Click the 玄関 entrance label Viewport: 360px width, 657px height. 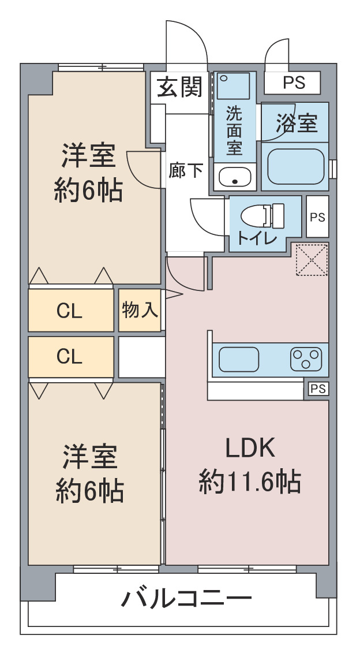(179, 87)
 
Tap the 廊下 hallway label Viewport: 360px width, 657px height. (186, 170)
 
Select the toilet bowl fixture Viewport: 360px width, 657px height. (262, 216)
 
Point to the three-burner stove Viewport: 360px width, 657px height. (306, 359)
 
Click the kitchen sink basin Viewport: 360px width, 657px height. (239, 359)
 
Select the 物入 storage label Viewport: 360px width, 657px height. (140, 310)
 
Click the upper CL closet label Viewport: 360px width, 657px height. (69, 311)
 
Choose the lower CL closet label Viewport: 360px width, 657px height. (69, 357)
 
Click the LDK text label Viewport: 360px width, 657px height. (250, 448)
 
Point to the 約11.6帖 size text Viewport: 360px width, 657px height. (250, 481)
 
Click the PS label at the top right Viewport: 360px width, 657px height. (294, 83)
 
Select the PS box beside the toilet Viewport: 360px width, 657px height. (317, 217)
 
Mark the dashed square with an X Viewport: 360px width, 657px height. (312, 260)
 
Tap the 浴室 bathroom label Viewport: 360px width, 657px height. (297, 123)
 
